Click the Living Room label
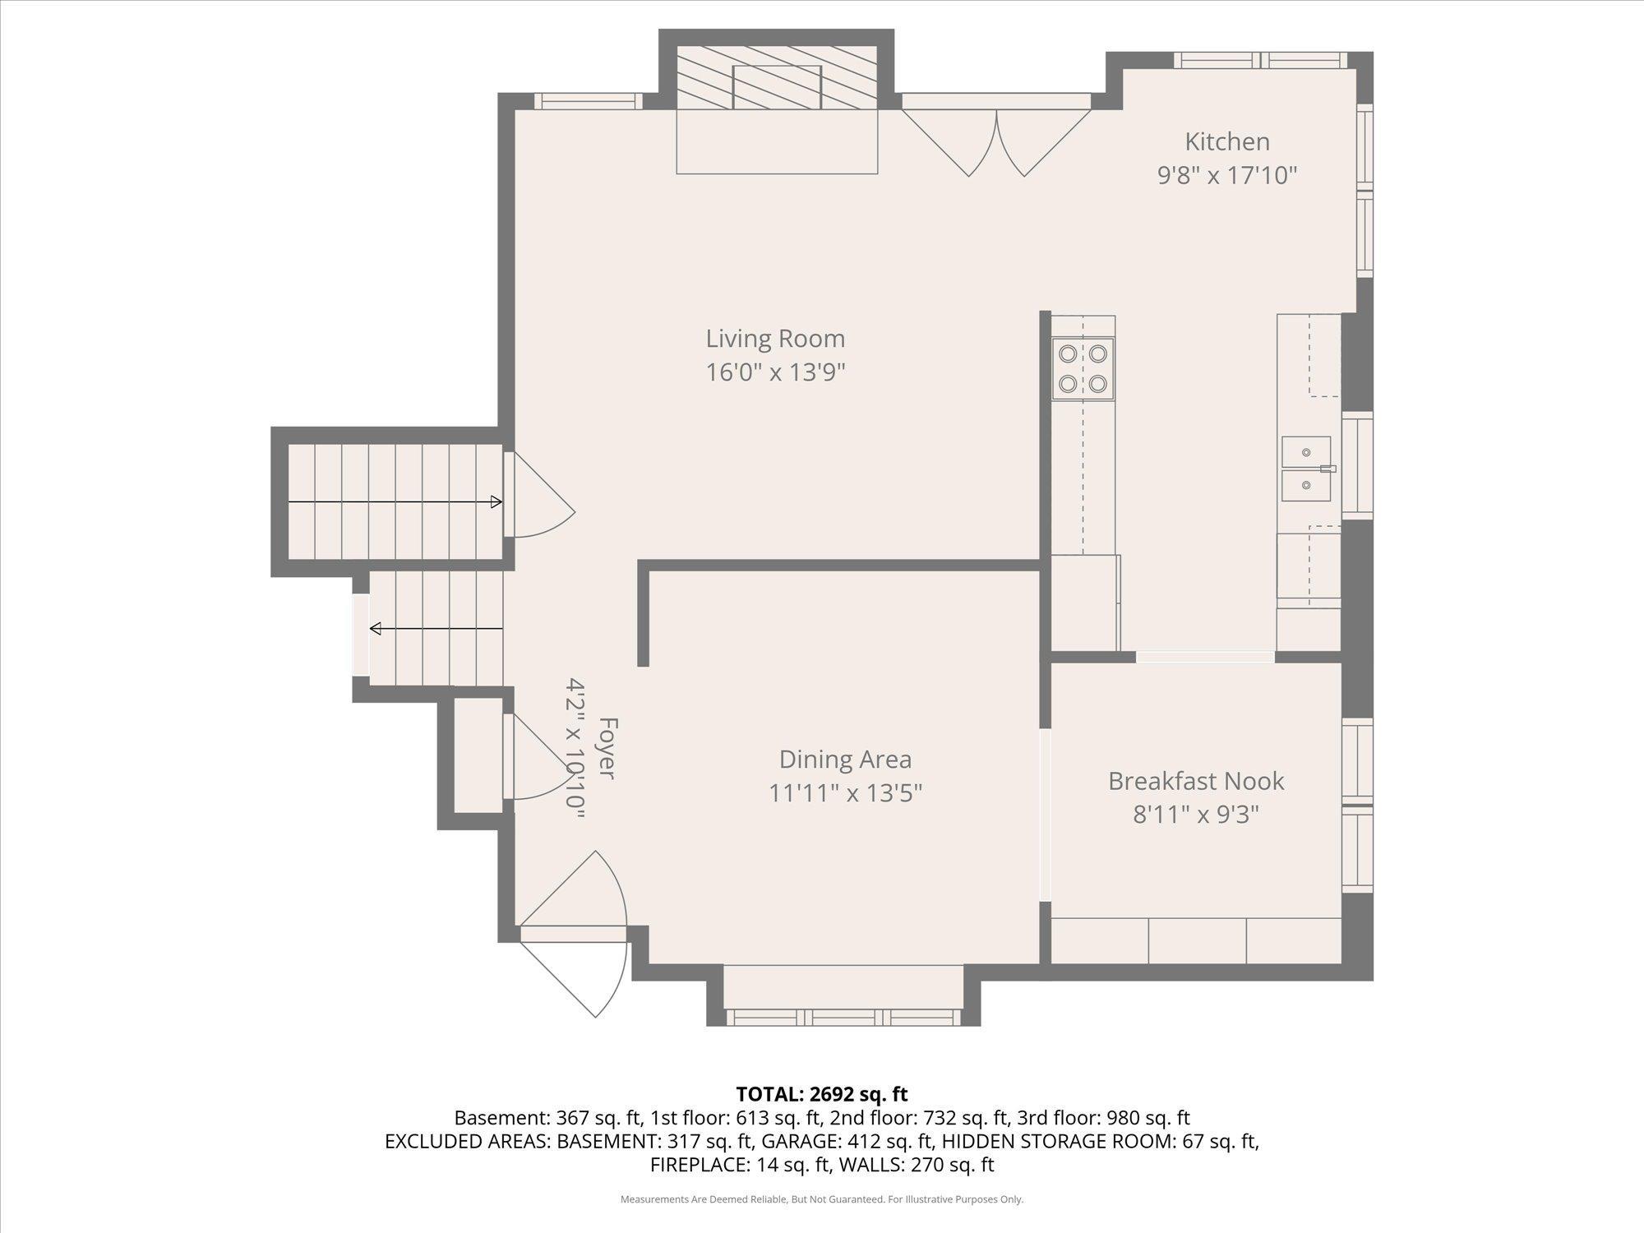[x=775, y=338]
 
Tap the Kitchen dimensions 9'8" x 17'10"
[x=1227, y=175]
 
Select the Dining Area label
[x=845, y=759]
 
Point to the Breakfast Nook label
[x=1196, y=781]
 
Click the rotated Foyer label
[x=607, y=748]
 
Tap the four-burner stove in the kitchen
[x=1083, y=368]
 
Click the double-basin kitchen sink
[x=1306, y=469]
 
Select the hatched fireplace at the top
[x=777, y=78]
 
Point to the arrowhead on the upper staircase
[x=496, y=501]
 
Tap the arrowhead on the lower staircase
[x=376, y=629]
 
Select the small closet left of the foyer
[x=478, y=755]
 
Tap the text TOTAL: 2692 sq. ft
[x=822, y=1094]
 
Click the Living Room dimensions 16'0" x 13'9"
[x=775, y=372]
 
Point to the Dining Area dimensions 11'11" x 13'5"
[x=845, y=793]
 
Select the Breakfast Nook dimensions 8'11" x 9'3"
[x=1196, y=815]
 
